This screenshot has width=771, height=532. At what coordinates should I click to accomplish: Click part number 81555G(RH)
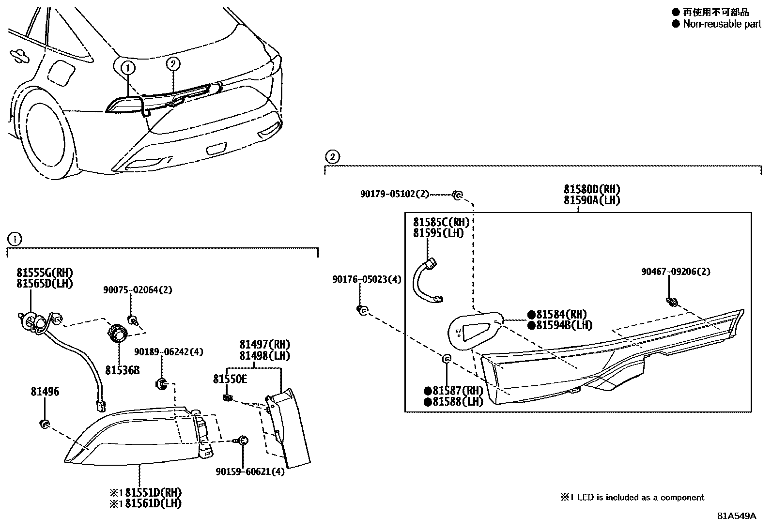pos(45,273)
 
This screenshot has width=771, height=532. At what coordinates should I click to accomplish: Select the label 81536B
pos(123,370)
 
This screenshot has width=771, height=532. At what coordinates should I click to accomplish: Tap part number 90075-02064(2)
pos(138,290)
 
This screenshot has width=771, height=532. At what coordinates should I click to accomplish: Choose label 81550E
pos(230,379)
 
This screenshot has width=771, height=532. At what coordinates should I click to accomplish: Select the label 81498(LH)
pos(264,356)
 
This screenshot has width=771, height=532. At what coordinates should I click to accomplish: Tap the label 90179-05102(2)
pos(395,194)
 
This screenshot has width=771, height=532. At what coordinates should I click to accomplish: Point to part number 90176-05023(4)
pos(367,279)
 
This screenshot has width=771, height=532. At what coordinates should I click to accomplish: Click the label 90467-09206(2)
pos(676,272)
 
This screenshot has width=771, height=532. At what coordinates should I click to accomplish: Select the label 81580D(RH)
pos(592,189)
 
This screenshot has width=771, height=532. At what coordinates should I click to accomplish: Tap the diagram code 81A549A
pos(736,516)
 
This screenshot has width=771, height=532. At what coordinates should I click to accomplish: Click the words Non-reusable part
pos(722,24)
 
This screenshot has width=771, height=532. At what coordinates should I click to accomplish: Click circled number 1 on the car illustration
pos(128,68)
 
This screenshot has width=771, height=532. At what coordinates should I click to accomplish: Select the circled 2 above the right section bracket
pos(332,156)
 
